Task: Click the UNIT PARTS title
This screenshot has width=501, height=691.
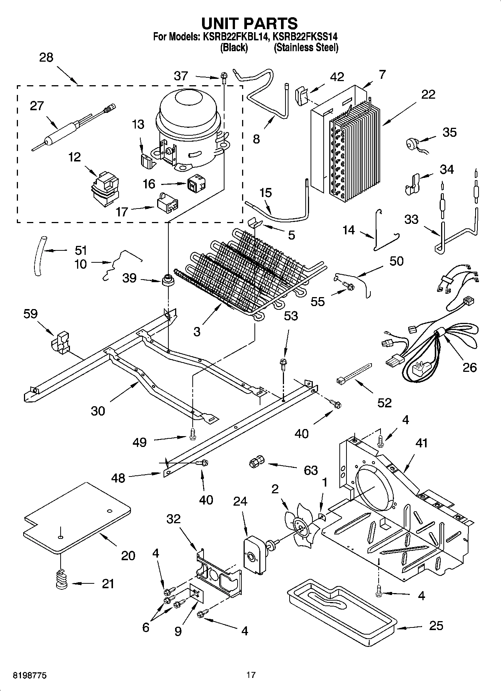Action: (x=250, y=24)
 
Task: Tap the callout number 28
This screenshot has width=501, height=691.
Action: (x=46, y=58)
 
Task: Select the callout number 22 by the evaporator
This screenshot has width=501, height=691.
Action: (x=428, y=94)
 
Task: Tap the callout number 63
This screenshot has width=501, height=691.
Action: (x=311, y=470)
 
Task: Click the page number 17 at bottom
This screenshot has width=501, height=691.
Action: (x=251, y=675)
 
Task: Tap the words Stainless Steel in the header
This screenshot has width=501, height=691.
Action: (x=306, y=48)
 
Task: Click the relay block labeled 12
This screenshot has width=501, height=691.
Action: (x=105, y=189)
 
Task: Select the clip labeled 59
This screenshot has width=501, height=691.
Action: (x=60, y=341)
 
